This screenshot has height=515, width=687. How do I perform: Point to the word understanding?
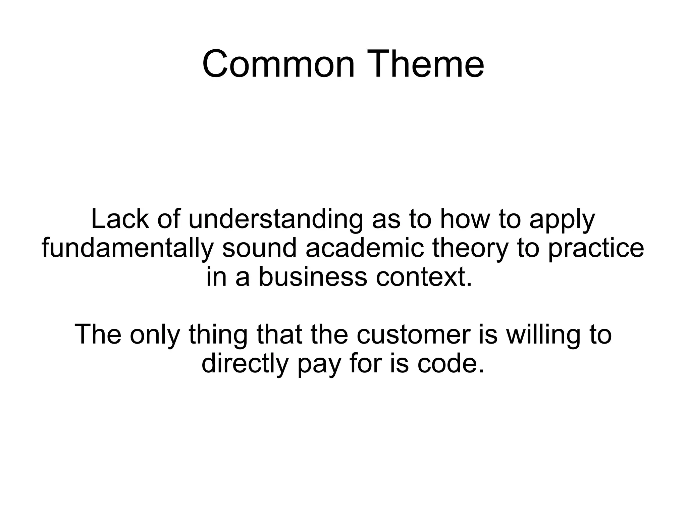tap(275, 220)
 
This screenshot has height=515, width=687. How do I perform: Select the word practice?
tap(596, 249)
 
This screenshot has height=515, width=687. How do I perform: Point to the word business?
tap(313, 277)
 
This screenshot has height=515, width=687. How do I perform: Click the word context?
tap(424, 277)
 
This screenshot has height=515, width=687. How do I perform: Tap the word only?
tap(155, 335)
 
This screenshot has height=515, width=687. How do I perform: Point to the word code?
tap(451, 363)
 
